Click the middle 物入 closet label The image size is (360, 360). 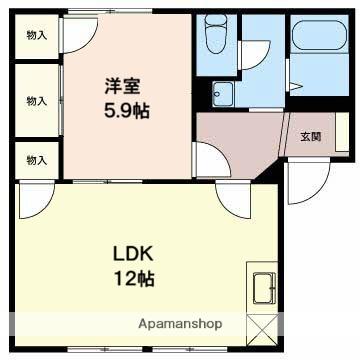[35, 100]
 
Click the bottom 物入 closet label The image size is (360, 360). [35, 158]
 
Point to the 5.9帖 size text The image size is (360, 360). [128, 112]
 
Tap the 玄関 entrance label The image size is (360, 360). [310, 137]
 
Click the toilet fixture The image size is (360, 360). [215, 38]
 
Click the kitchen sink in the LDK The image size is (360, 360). [264, 288]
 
